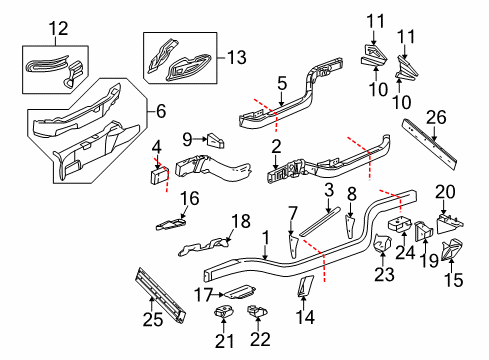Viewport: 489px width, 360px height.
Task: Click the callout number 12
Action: click(x=58, y=28)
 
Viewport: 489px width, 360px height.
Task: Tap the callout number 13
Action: click(x=237, y=57)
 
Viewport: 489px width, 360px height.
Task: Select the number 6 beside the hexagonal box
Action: click(x=161, y=111)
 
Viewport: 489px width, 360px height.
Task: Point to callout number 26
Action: click(x=436, y=118)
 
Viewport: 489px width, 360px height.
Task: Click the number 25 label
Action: click(x=153, y=319)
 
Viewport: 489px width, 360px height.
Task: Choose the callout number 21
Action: click(x=224, y=341)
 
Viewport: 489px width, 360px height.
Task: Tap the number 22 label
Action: click(x=260, y=340)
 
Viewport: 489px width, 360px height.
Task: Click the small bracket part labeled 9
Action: click(x=216, y=141)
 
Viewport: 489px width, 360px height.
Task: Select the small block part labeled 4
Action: click(x=159, y=175)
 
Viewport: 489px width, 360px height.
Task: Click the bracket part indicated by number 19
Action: click(x=423, y=231)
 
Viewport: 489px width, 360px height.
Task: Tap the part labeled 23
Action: click(x=382, y=243)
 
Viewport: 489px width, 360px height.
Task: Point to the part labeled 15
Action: click(x=452, y=249)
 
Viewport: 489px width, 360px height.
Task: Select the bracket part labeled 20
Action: click(x=449, y=223)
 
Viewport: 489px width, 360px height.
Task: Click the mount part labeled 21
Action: click(x=224, y=313)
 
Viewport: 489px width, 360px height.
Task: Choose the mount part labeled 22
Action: click(x=257, y=311)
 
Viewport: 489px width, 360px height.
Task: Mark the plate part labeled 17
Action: click(x=240, y=292)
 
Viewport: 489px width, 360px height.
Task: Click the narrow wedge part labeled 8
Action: click(x=350, y=227)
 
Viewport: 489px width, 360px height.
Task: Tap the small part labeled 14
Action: click(x=305, y=286)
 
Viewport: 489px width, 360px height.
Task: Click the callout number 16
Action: click(x=190, y=198)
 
